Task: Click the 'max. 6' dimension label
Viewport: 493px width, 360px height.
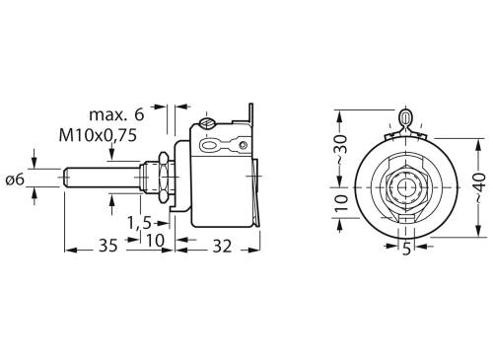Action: tap(118, 114)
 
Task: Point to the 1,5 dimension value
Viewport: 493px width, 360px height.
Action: tap(139, 221)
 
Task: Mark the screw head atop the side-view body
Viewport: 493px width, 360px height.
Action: tap(207, 124)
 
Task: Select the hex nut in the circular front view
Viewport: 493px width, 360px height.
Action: tap(404, 184)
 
